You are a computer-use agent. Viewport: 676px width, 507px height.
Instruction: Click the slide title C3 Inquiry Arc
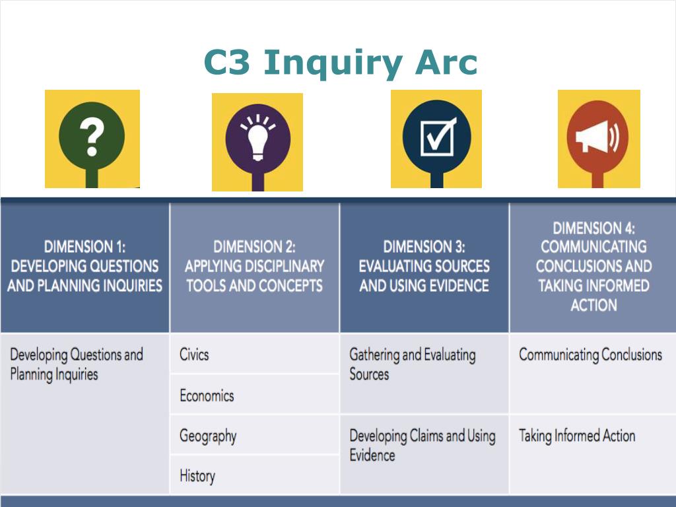pyautogui.click(x=340, y=63)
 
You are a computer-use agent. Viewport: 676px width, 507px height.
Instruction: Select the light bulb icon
pyautogui.click(x=257, y=137)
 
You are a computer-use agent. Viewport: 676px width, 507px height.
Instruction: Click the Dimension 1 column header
pyautogui.click(x=84, y=267)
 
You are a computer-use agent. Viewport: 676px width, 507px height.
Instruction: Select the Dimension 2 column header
pyautogui.click(x=254, y=267)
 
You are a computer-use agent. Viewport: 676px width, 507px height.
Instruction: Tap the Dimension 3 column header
pyautogui.click(x=424, y=267)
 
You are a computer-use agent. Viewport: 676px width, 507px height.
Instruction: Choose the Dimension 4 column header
pyautogui.click(x=593, y=267)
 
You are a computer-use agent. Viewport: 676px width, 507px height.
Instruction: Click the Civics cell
pyautogui.click(x=194, y=355)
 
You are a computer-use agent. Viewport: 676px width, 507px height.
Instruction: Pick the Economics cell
pyautogui.click(x=207, y=395)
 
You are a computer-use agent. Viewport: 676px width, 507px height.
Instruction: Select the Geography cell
pyautogui.click(x=208, y=436)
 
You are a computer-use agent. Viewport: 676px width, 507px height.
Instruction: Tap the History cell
pyautogui.click(x=197, y=475)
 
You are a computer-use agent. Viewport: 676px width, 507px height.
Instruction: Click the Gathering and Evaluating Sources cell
pyautogui.click(x=412, y=364)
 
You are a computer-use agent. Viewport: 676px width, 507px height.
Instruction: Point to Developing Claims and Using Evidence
pyautogui.click(x=422, y=445)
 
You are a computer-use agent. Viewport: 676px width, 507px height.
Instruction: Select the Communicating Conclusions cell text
pyautogui.click(x=590, y=355)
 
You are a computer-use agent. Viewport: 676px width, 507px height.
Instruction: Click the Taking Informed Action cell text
pyautogui.click(x=577, y=436)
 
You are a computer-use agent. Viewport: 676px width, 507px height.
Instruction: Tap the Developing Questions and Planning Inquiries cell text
pyautogui.click(x=76, y=364)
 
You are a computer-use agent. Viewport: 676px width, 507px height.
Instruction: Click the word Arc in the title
pyautogui.click(x=446, y=63)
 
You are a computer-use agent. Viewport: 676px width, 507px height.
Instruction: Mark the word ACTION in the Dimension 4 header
pyautogui.click(x=593, y=305)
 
